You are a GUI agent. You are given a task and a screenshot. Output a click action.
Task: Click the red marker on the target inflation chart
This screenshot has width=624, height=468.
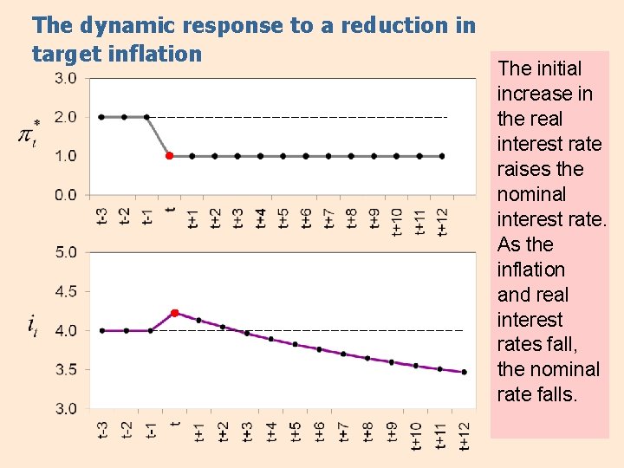coord(170,156)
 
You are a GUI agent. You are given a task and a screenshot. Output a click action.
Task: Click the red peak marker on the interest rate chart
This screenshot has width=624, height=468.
coord(175,313)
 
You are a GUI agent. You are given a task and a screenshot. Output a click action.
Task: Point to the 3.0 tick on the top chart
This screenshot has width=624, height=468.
coord(66,78)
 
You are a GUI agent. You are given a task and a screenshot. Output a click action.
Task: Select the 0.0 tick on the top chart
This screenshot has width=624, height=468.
coord(66,195)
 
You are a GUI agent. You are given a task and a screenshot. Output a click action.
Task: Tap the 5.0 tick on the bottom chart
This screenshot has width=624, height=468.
coord(66,252)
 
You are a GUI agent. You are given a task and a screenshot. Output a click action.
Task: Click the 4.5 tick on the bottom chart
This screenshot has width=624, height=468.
coord(66,291)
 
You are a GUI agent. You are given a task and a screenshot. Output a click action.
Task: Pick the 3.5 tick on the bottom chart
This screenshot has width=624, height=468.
coord(66,369)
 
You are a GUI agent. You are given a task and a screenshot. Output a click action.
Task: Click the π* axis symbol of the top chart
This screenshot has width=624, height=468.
coord(29,134)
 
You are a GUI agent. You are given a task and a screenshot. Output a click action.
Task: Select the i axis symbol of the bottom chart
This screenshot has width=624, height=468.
coord(32,326)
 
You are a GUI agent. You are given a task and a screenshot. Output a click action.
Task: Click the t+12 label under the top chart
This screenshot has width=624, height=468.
coord(442,220)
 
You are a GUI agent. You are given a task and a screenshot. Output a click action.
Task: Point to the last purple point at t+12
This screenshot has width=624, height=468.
coord(464,372)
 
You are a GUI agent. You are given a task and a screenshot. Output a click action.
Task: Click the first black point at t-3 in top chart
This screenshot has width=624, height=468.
coord(101,117)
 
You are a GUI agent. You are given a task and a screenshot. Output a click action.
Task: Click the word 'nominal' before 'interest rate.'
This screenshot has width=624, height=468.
coord(531,194)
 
